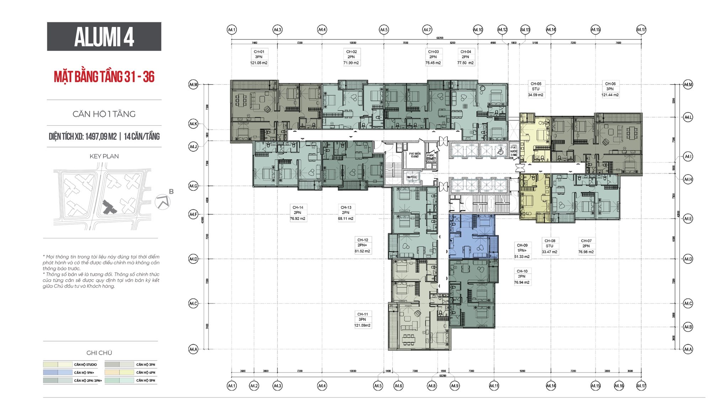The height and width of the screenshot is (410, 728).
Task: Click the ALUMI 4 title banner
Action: pyautogui.click(x=104, y=37)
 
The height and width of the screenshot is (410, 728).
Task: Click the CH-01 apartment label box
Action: pyautogui.click(x=259, y=57)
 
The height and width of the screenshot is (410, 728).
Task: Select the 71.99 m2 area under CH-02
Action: pyautogui.click(x=351, y=63)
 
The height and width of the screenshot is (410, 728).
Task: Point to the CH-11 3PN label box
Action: pyautogui.click(x=363, y=320)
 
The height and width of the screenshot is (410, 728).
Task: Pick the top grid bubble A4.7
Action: pyautogui.click(x=427, y=30)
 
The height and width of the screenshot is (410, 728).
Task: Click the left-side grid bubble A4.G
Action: pyautogui.click(x=193, y=186)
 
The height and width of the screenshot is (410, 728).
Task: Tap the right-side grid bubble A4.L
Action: pyautogui.click(x=688, y=117)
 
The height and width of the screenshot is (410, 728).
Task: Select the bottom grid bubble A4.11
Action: pyautogui.click(x=494, y=385)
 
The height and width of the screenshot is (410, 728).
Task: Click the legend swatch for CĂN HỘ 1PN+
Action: pyautogui.click(x=58, y=372)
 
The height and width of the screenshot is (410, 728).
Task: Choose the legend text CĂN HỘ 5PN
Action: pyautogui.click(x=145, y=381)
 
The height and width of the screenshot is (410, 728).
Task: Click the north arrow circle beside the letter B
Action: pyautogui.click(x=163, y=202)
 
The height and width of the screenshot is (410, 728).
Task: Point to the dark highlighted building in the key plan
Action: pyautogui.click(x=109, y=207)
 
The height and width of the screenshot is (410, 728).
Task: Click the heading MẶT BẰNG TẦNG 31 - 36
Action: pyautogui.click(x=104, y=77)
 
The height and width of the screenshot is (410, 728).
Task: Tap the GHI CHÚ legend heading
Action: pyautogui.click(x=99, y=353)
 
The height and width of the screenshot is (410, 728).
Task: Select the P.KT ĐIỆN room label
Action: pyautogui.click(x=415, y=155)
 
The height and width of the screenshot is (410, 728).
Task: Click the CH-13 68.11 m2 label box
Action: pyautogui.click(x=346, y=213)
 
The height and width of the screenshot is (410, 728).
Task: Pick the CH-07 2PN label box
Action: pyautogui.click(x=586, y=246)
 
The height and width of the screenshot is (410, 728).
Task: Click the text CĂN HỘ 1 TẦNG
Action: pyautogui.click(x=104, y=114)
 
